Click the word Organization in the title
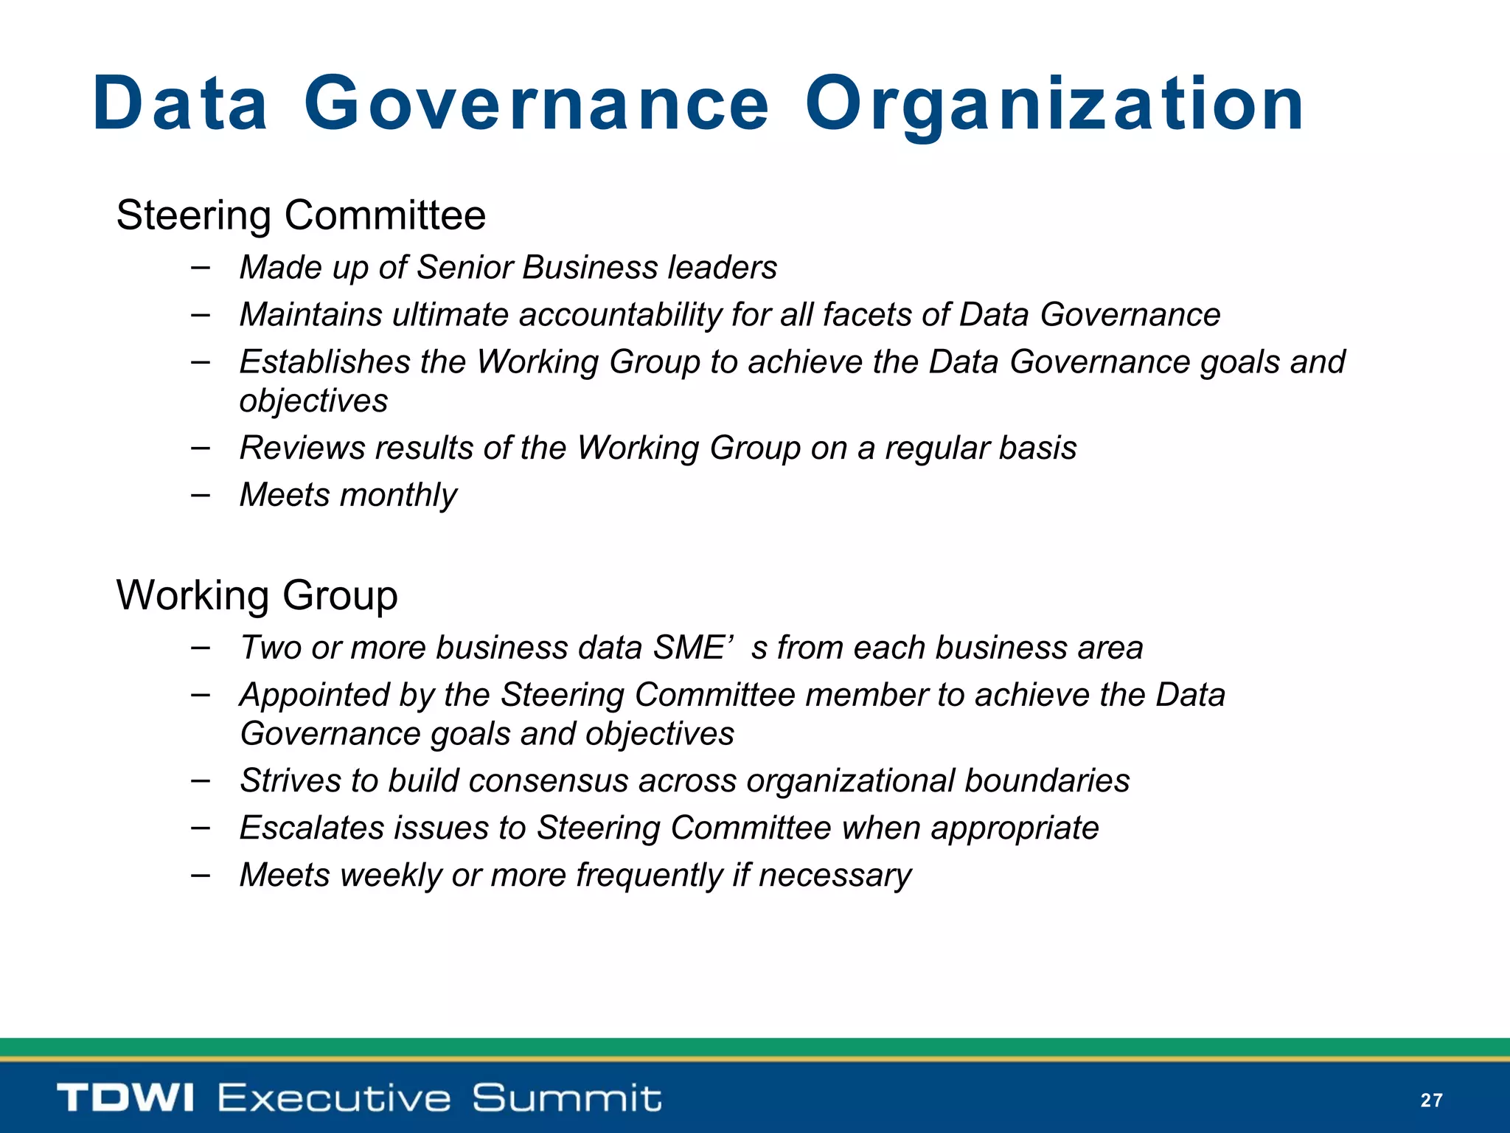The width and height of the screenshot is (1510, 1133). pos(1054,105)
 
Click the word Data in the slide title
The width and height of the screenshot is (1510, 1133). pos(180,105)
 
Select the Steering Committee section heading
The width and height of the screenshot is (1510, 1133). pos(301,215)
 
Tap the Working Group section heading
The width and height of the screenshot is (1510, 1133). pos(257,595)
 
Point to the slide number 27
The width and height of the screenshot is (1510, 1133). pos(1431,1101)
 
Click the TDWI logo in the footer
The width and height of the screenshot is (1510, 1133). pos(125,1098)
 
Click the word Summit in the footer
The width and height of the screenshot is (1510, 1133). pos(566,1098)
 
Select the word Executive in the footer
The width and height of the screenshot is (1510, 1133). pos(334,1098)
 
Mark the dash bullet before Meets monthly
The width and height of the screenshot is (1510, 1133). pos(200,494)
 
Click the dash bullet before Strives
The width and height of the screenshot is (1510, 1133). pos(200,780)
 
